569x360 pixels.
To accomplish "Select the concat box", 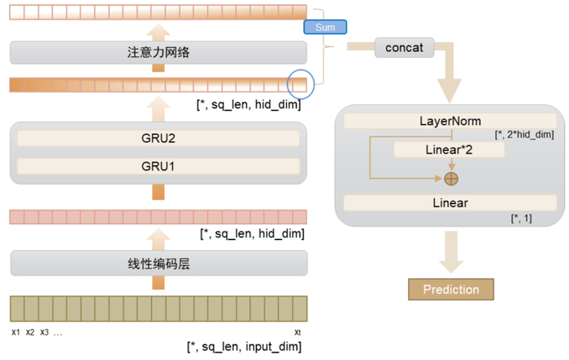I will [x=405, y=48].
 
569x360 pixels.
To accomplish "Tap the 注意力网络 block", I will [x=159, y=54].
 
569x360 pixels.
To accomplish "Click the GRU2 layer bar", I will [x=159, y=138].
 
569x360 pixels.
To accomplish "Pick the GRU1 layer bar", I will [x=159, y=167].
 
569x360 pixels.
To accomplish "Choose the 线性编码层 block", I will [x=159, y=262].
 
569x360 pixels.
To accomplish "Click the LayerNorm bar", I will [x=450, y=121].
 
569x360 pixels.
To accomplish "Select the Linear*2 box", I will [x=449, y=150].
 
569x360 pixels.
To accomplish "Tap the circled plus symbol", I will [x=450, y=178].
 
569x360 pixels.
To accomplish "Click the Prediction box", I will [x=450, y=289].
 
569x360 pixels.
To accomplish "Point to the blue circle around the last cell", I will [x=301, y=83].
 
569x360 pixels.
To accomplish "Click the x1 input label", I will [x=15, y=332].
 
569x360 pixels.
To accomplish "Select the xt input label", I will [x=298, y=332].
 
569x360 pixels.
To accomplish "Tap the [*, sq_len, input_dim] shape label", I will [x=244, y=347].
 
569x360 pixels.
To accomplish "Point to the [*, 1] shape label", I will [x=521, y=219].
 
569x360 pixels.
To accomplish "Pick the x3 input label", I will [x=44, y=332].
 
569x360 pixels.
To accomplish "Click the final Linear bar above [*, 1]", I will [x=450, y=202].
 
